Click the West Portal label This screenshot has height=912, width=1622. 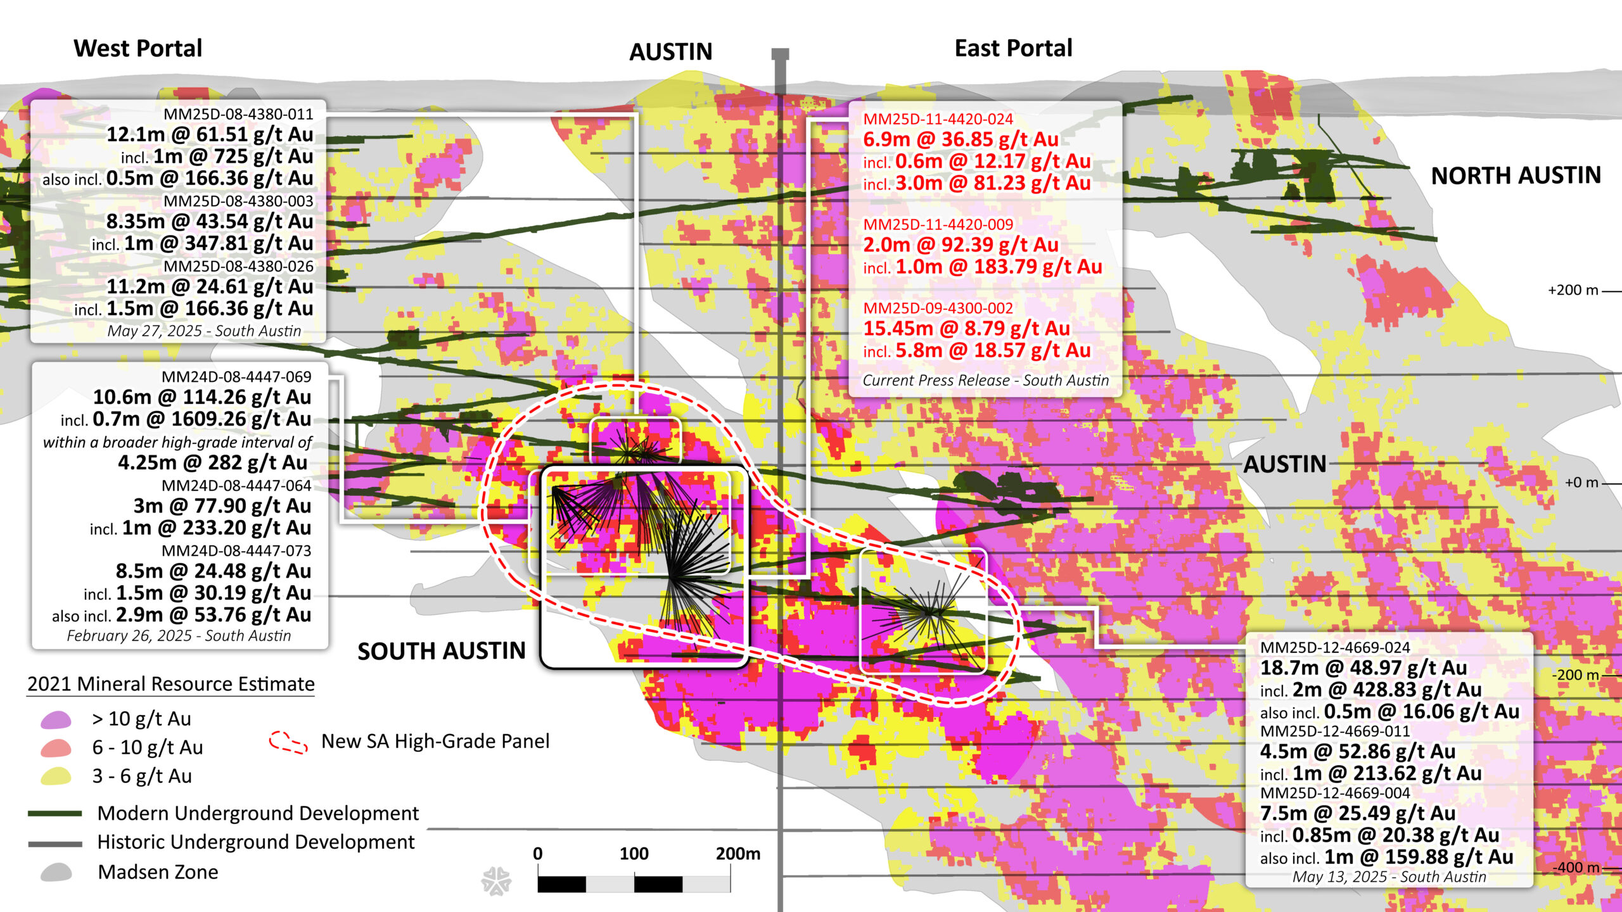137,48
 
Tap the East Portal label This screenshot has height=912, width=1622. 1013,48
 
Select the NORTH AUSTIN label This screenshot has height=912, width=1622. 1516,175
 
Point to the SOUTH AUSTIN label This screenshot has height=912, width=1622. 442,651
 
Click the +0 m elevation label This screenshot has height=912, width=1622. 1581,483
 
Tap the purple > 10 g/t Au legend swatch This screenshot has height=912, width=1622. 56,719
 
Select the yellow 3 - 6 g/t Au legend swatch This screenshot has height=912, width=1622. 56,776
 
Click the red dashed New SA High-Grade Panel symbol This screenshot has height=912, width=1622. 288,742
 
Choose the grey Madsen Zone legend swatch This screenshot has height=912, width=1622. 56,872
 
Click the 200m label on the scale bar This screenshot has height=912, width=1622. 738,854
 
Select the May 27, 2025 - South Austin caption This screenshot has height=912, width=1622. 204,331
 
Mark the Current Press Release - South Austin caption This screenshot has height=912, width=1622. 985,380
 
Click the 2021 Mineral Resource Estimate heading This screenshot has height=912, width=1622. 171,684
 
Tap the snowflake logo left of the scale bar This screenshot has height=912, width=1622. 496,881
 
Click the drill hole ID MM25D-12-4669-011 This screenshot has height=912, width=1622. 1334,731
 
